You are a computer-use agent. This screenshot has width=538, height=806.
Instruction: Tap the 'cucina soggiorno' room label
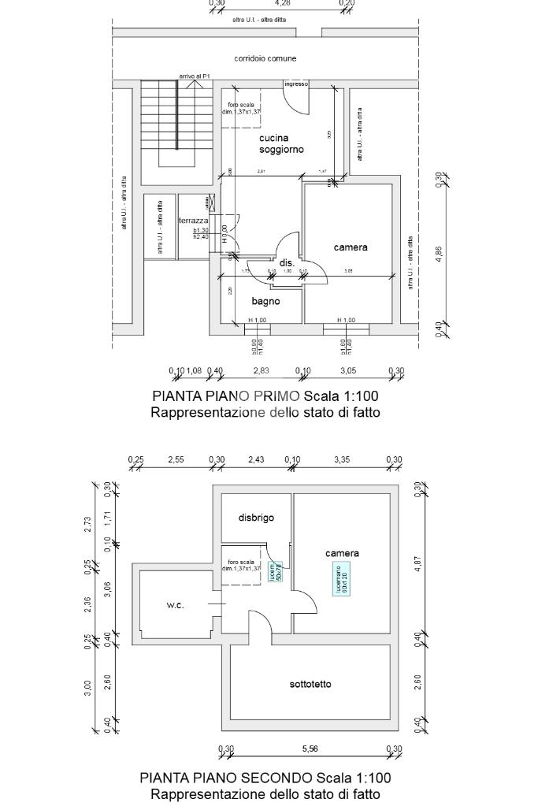tap(281, 143)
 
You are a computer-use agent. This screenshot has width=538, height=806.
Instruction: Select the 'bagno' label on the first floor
tap(265, 301)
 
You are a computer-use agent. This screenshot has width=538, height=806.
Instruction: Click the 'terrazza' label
tap(194, 221)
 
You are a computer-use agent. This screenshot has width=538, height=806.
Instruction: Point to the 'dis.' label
tap(287, 262)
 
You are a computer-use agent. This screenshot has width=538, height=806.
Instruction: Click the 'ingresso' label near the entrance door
tap(296, 84)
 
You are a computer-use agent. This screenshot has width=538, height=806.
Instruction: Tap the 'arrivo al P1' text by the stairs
tap(195, 76)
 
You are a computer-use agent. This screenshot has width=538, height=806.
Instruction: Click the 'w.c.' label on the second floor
tap(175, 605)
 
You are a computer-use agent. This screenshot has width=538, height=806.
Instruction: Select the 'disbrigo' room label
tap(256, 518)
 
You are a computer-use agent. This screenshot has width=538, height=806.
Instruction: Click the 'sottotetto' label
tap(310, 684)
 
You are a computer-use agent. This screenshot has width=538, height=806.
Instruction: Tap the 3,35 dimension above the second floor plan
tap(341, 459)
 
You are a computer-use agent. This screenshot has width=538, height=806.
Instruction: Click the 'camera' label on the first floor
tap(351, 247)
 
